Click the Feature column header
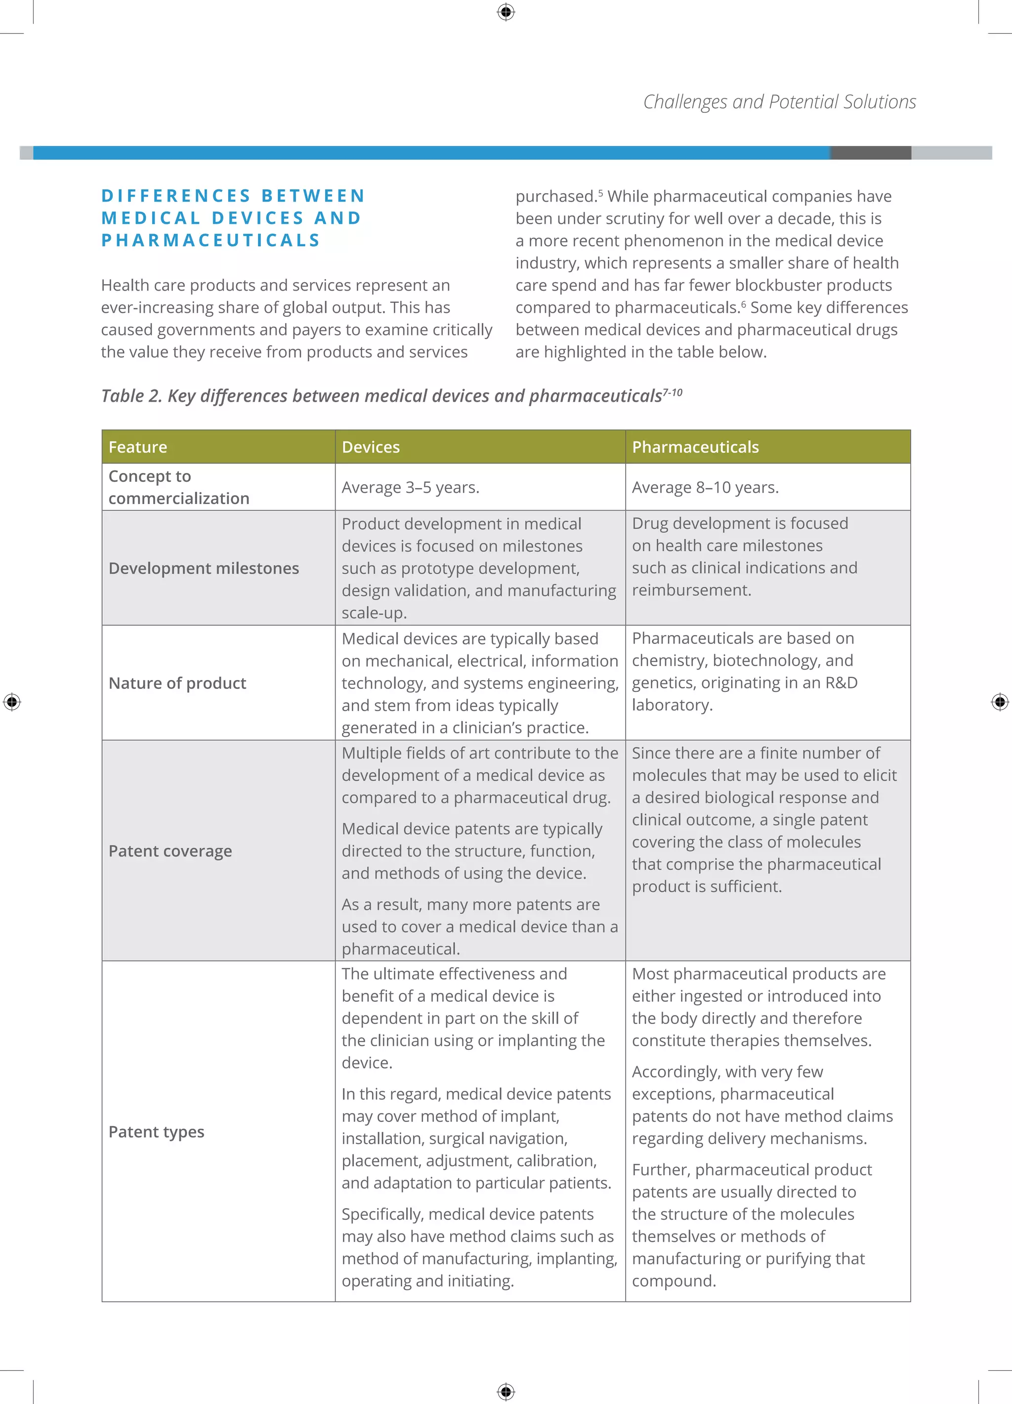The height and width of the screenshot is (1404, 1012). [x=137, y=447]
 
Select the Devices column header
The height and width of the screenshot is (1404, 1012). [x=371, y=447]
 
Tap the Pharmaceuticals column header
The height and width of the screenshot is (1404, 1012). [x=695, y=447]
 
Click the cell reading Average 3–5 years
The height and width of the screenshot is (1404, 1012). [x=410, y=488]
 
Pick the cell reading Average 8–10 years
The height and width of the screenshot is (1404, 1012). [x=705, y=488]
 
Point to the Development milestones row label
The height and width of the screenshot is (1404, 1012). [x=204, y=568]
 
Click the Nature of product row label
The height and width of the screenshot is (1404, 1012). [x=177, y=683]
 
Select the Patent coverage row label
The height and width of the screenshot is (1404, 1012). [x=170, y=851]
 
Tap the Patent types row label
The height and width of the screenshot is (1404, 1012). [x=156, y=1132]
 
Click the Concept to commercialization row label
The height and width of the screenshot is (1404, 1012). [x=178, y=487]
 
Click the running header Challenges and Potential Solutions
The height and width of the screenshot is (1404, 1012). [x=779, y=101]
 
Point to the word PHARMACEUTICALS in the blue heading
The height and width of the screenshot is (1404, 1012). [x=211, y=240]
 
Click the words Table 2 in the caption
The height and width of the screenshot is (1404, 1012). [x=131, y=396]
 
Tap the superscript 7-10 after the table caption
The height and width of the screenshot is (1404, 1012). [x=673, y=392]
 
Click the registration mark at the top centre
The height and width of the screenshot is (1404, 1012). [x=506, y=12]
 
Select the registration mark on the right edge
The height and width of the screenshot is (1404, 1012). [x=1000, y=702]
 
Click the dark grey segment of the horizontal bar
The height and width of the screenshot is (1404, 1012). [x=870, y=153]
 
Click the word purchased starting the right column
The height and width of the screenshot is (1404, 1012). [x=555, y=197]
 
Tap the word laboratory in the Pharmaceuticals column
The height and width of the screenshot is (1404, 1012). [x=672, y=705]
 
